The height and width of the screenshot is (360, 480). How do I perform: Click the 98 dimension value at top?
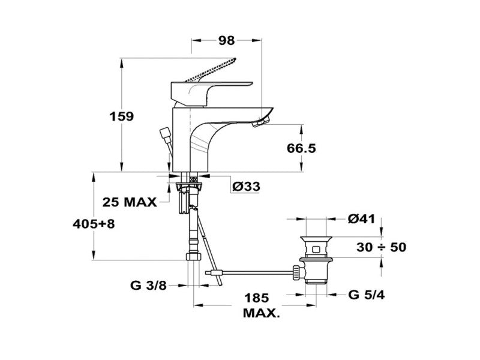tap(226, 41)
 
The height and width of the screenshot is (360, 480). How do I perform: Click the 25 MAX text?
tap(129, 201)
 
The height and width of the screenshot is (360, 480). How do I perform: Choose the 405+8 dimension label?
tap(93, 224)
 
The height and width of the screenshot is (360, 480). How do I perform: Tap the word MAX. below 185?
tap(261, 313)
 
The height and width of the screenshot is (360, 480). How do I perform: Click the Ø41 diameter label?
tap(361, 219)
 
